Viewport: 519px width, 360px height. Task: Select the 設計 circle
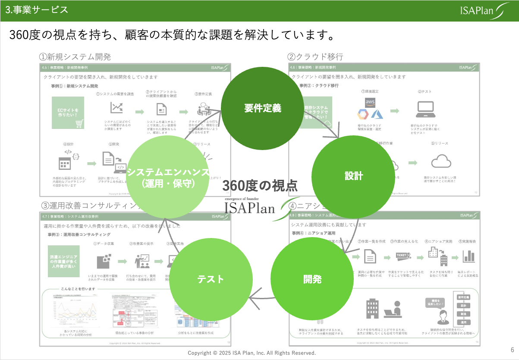coord(353,175)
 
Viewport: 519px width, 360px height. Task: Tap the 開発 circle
coord(312,279)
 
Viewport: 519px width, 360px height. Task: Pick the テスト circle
coord(211,279)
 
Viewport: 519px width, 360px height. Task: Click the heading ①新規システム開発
coord(75,57)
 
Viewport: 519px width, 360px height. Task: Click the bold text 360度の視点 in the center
coord(260,185)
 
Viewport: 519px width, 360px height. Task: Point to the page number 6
coord(512,350)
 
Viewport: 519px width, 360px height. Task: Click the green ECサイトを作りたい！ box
coord(68,113)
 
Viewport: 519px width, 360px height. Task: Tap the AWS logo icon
coord(370,102)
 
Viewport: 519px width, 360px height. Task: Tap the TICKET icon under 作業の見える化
coord(403,256)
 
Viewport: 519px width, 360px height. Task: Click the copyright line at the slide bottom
coord(252,353)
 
